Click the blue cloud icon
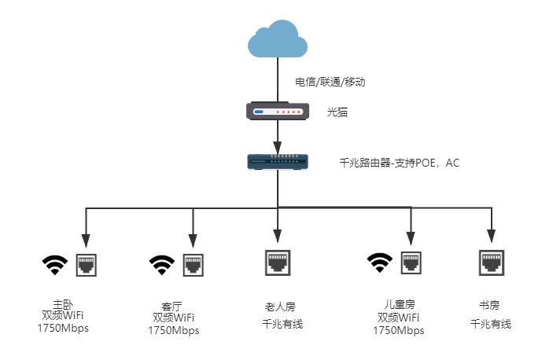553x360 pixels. point(276,40)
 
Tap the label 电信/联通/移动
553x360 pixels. point(330,82)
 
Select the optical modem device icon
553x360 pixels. point(276,112)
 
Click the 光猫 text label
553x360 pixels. point(337,112)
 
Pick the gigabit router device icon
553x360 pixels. point(276,161)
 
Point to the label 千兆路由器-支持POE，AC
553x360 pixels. point(399,163)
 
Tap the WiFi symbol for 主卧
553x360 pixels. point(54,265)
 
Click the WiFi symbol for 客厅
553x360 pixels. point(162,265)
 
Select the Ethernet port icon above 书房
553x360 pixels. point(491,262)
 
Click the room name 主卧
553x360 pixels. point(63,303)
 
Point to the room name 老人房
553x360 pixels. point(280,307)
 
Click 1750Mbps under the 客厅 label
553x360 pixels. point(174,331)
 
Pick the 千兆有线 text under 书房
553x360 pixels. point(491,324)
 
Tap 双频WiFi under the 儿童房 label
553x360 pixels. point(399,318)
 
